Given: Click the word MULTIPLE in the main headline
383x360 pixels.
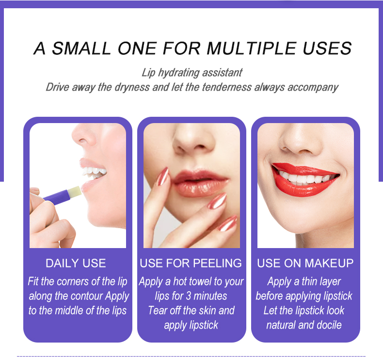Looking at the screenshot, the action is click(x=252, y=48).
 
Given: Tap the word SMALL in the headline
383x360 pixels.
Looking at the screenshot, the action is click(x=81, y=48).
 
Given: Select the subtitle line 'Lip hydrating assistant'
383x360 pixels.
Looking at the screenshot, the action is click(x=192, y=73).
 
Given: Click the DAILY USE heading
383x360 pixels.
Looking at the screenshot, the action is click(x=76, y=263).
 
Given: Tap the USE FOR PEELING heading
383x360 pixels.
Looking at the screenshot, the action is click(x=191, y=263).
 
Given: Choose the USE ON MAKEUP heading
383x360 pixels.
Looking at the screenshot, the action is click(x=305, y=263).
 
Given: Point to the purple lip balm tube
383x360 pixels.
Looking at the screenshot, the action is click(x=56, y=197).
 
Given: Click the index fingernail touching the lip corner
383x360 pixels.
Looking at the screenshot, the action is click(x=163, y=176).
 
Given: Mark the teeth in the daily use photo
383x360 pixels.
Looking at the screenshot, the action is click(x=94, y=172).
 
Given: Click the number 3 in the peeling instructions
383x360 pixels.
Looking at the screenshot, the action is click(x=188, y=296).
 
